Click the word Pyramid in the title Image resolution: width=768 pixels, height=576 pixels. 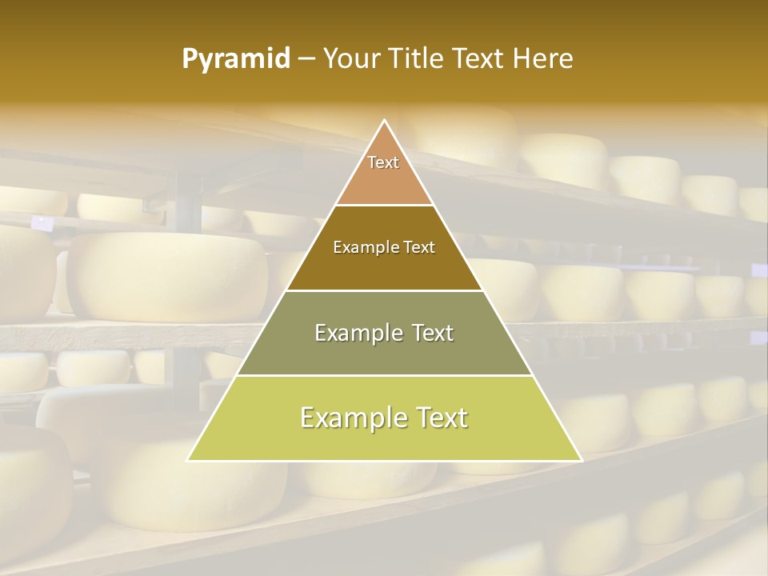pyautogui.click(x=236, y=59)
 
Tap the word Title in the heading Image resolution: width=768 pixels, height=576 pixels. pyautogui.click(x=415, y=59)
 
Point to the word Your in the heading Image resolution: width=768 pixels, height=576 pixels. pyautogui.click(x=350, y=59)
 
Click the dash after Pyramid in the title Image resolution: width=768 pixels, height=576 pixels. pyautogui.click(x=306, y=60)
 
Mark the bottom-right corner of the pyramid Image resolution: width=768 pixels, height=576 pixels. pyautogui.click(x=581, y=460)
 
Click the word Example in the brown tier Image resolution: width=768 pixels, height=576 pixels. pyautogui.click(x=362, y=248)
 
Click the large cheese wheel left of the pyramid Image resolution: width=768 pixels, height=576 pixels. pyautogui.click(x=168, y=276)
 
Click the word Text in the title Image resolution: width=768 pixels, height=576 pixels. pyautogui.click(x=480, y=59)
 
